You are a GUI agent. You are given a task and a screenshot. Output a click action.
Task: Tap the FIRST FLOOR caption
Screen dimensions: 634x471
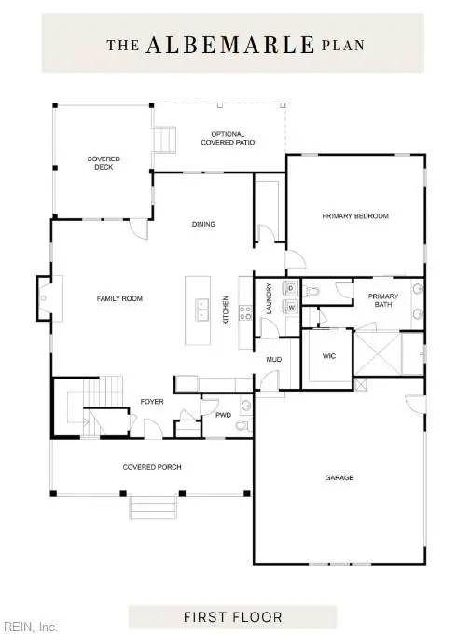pos(234,617)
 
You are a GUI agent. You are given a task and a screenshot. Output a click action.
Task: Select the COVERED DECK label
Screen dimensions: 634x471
pos(104,164)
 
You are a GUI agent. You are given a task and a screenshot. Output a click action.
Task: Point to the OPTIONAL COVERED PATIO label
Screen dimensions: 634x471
pos(227,138)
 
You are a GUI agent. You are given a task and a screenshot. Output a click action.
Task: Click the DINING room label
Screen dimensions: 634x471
pos(203,224)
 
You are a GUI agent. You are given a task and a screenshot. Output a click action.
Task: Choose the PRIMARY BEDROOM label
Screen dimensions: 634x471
pos(354,215)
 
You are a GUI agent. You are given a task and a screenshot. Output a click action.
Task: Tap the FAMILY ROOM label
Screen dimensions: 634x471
pos(119,298)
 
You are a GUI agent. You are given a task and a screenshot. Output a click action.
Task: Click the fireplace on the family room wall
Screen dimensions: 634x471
pos(44,298)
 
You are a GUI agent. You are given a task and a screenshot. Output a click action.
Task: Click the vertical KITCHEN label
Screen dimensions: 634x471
pos(226,310)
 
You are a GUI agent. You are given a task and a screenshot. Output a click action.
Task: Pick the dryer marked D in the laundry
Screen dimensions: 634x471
pos(291,289)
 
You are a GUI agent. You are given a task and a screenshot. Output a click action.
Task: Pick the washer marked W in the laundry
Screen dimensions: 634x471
pos(291,306)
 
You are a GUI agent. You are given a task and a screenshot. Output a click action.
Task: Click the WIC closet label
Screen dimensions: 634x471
pos(328,355)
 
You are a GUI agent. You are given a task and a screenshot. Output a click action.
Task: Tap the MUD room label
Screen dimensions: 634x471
pos(274,358)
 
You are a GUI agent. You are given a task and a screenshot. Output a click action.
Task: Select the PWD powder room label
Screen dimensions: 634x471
pos(223,415)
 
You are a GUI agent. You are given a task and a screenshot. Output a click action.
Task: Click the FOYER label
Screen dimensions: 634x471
pos(151,402)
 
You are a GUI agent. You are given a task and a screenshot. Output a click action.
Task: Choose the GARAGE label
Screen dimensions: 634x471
pos(339,478)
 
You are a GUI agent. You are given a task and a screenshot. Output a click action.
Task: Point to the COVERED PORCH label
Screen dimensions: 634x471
pos(151,466)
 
